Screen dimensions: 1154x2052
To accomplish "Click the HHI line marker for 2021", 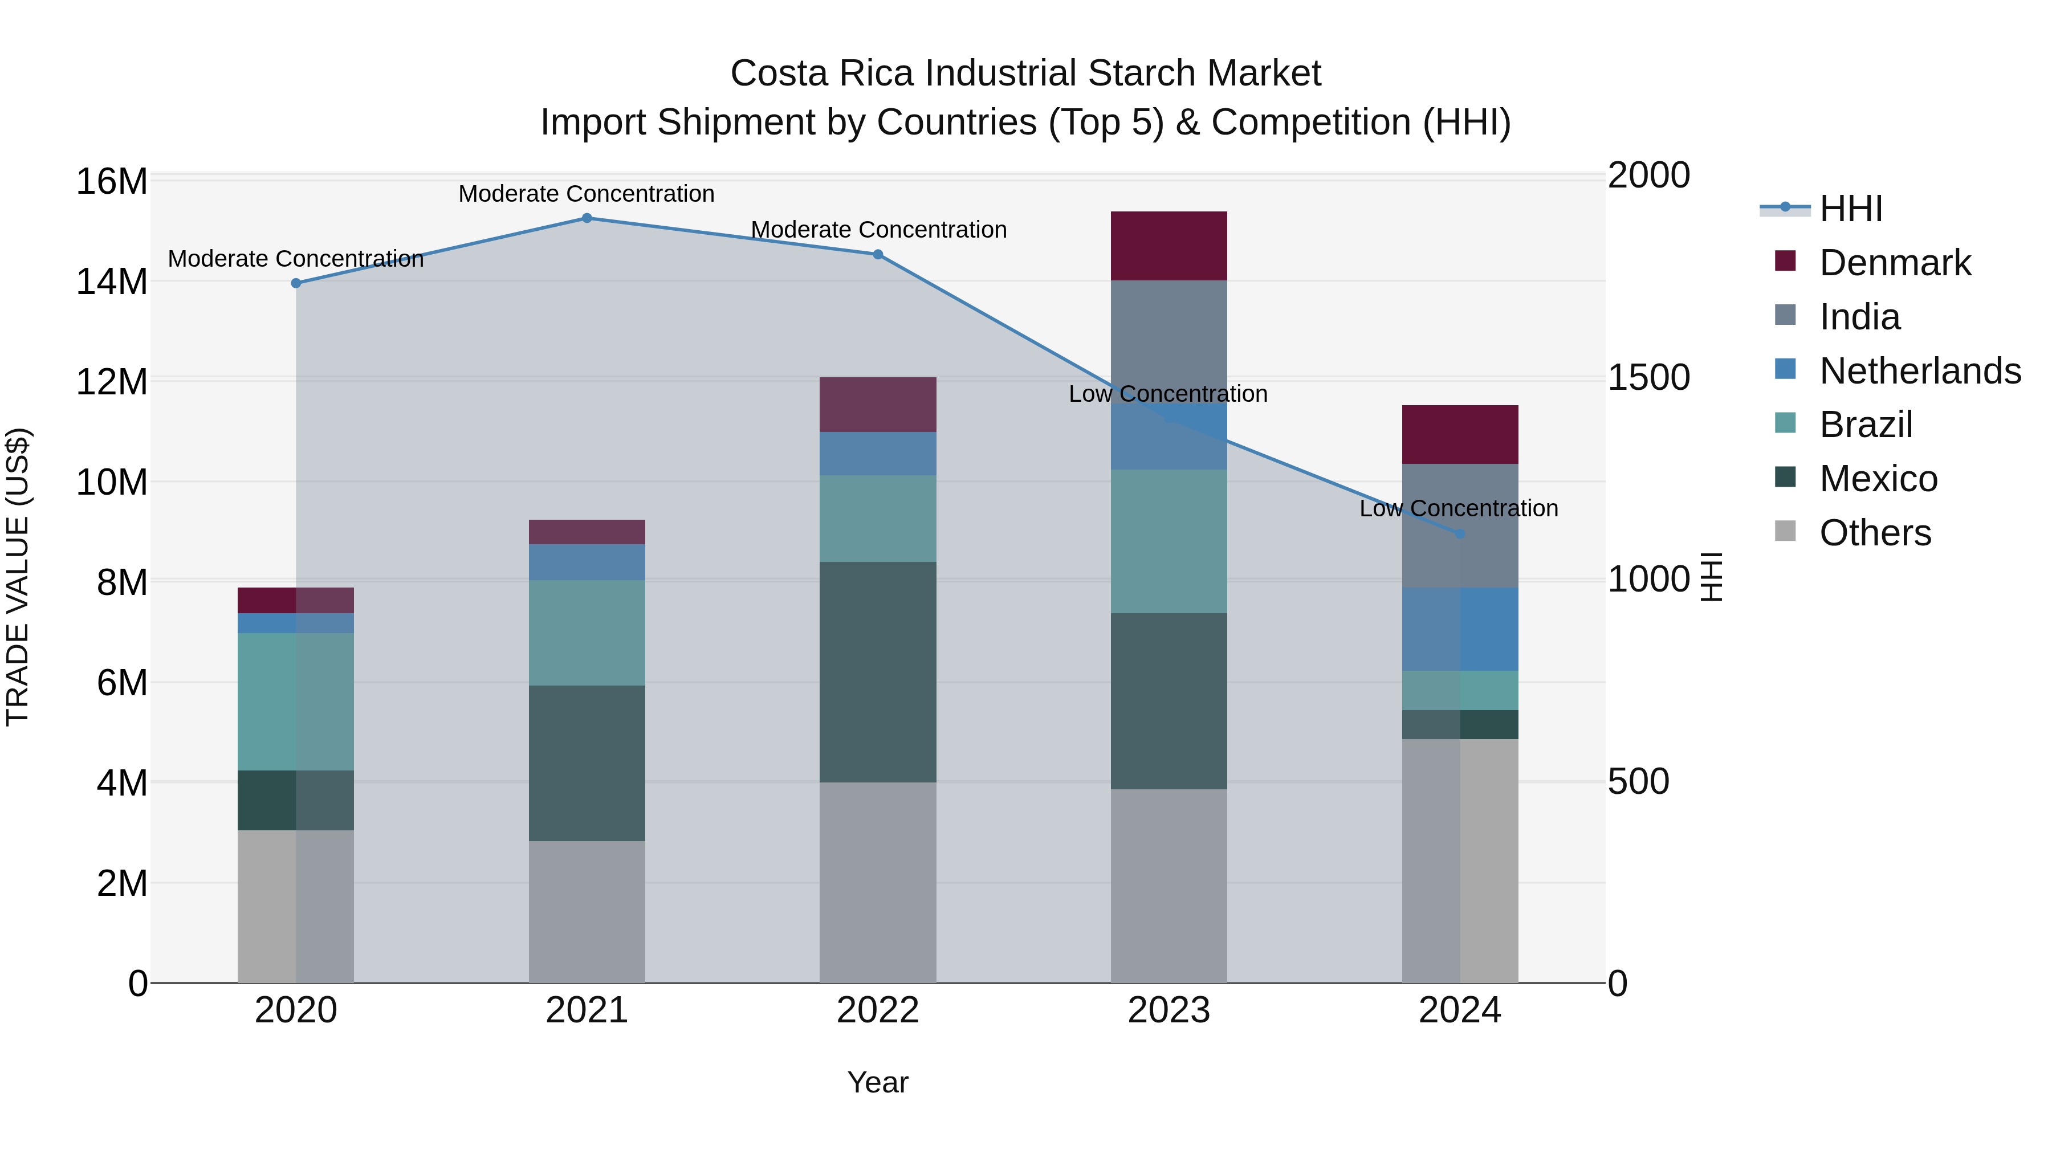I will (x=587, y=218).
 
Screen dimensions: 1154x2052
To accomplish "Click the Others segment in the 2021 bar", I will (x=587, y=911).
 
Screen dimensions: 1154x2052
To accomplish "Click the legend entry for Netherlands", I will (x=1920, y=371).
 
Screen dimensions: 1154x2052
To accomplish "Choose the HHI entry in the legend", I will (x=1850, y=209).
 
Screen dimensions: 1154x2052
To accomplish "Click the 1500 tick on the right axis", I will (x=1648, y=377).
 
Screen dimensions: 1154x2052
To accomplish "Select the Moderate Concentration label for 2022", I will (x=878, y=229).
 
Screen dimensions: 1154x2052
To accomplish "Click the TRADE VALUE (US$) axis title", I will (x=18, y=577).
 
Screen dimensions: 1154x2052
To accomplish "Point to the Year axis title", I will (x=877, y=1082).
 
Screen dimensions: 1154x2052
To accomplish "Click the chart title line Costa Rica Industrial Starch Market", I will (x=1025, y=74).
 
